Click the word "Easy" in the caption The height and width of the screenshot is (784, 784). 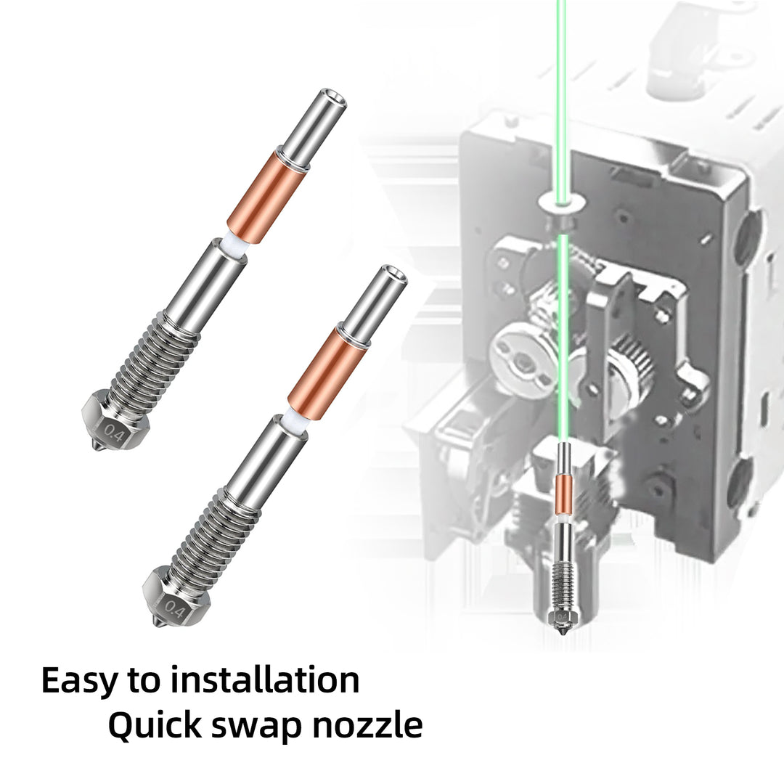coord(78,681)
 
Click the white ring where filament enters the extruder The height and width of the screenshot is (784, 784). coord(560,200)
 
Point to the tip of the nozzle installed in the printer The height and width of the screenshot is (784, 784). coord(560,635)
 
